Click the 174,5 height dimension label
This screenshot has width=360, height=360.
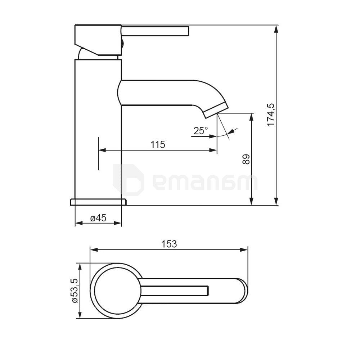click(271, 114)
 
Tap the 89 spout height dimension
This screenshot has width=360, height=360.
click(246, 159)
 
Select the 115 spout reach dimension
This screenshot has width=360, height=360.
click(158, 145)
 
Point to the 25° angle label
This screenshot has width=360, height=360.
click(201, 131)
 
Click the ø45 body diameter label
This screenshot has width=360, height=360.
click(98, 218)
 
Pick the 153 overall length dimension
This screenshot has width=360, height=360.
click(169, 244)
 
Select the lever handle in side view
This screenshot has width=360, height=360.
click(155, 31)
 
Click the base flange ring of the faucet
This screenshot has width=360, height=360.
click(98, 202)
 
